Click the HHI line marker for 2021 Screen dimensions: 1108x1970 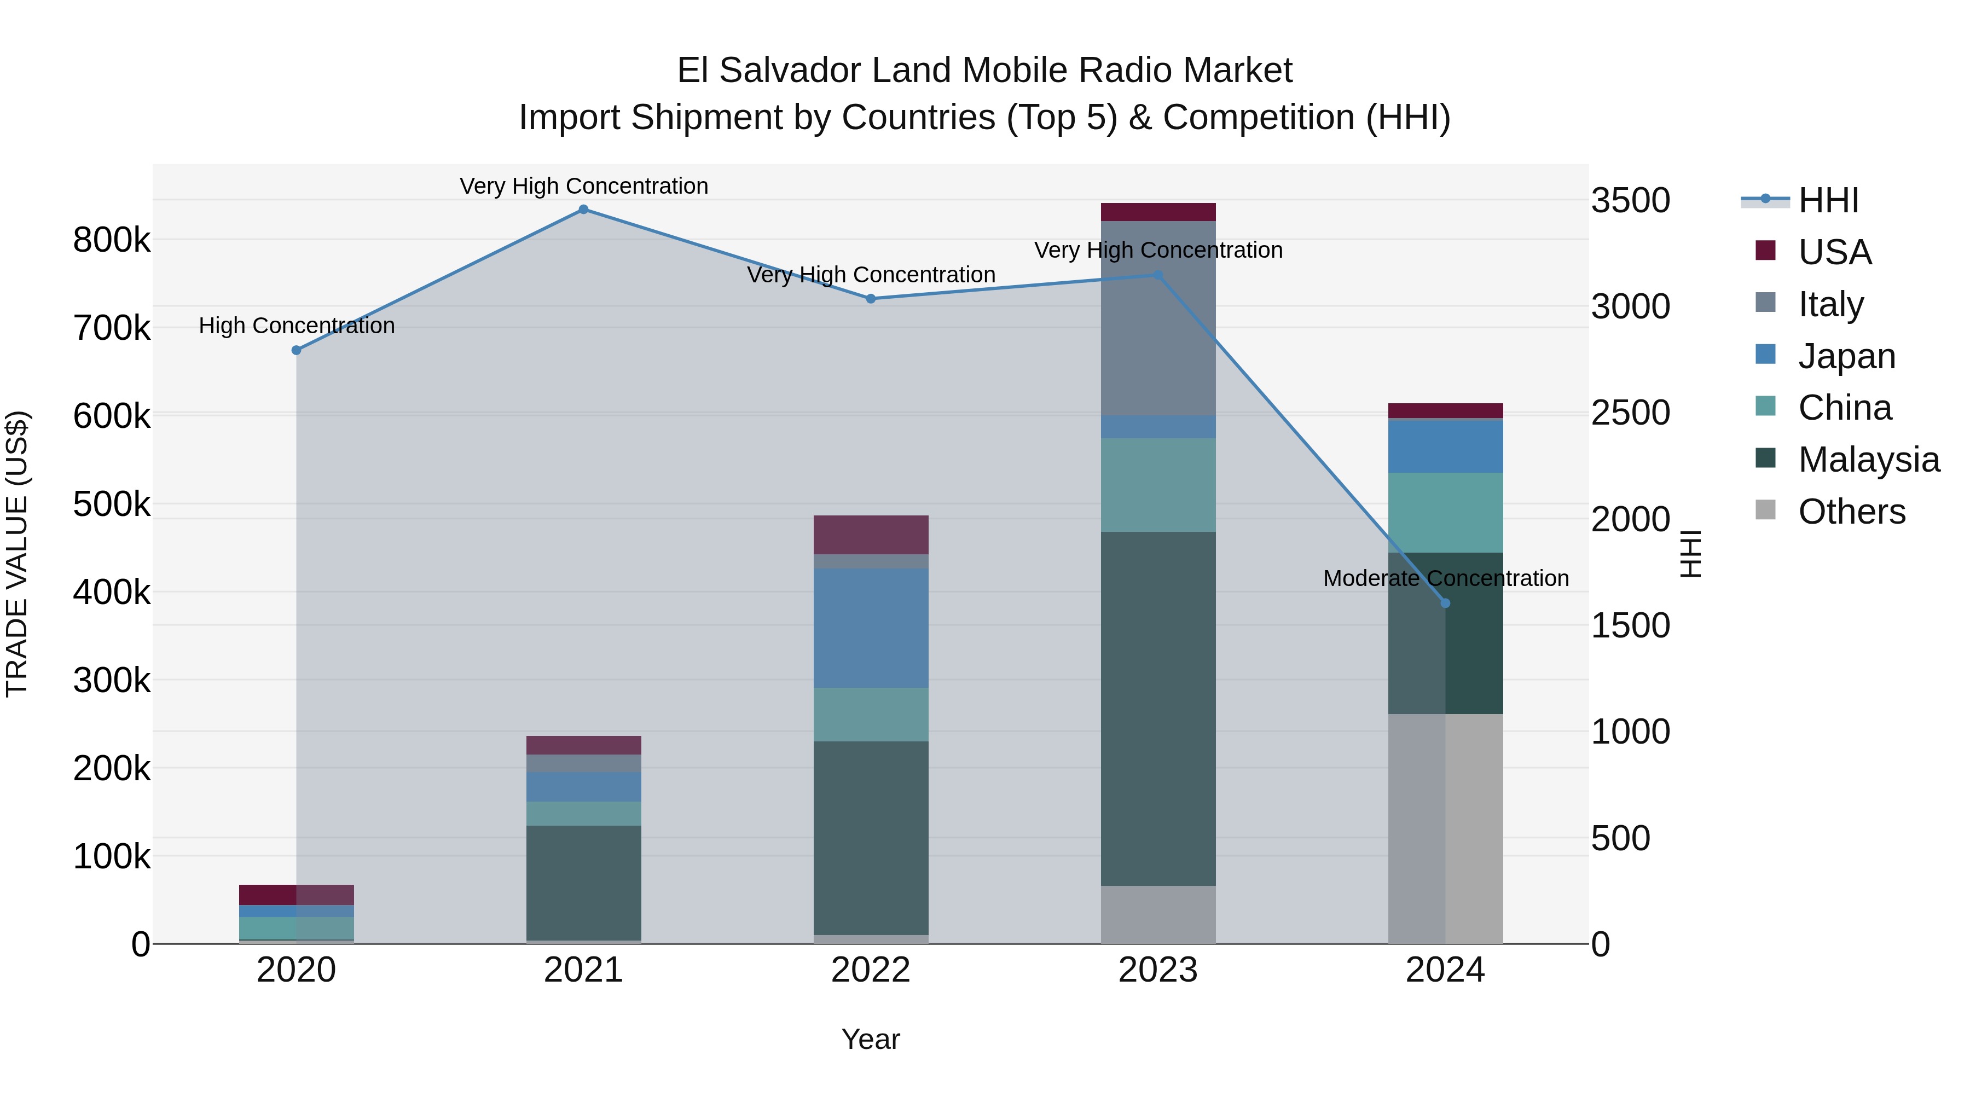coord(583,210)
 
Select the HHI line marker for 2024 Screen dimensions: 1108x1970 coord(1445,604)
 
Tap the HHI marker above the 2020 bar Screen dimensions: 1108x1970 coord(297,350)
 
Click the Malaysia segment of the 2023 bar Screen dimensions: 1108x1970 coord(1158,709)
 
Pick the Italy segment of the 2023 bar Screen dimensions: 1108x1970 coord(1158,318)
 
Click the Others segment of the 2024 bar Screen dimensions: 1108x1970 coord(1445,829)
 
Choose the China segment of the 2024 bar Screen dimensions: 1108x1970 coord(1445,512)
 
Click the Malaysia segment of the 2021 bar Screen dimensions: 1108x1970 coord(583,883)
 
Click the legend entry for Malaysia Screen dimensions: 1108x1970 coord(1868,460)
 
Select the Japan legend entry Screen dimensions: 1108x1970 coord(1846,356)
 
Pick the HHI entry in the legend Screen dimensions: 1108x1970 coord(1828,200)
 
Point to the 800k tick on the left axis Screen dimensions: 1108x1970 coord(112,240)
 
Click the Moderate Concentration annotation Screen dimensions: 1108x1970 coord(1445,578)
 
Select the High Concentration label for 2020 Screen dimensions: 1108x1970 coord(297,326)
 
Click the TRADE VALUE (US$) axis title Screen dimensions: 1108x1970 coord(17,554)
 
